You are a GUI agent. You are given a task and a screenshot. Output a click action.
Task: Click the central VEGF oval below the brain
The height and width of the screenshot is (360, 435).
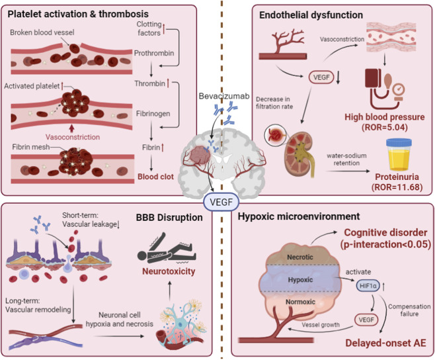click(221, 202)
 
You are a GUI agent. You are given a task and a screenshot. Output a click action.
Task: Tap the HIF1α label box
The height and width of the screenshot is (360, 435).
click(368, 286)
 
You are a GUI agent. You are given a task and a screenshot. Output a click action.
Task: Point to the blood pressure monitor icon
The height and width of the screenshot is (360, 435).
click(385, 89)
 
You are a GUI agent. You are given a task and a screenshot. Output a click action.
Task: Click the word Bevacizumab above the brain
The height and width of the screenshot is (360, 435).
click(224, 96)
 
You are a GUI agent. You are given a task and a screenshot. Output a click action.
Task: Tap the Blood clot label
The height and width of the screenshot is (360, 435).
click(155, 177)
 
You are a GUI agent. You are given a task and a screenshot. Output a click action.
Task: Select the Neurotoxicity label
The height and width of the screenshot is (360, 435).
click(169, 271)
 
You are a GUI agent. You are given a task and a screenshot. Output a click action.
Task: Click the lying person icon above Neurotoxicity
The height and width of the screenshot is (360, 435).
click(167, 248)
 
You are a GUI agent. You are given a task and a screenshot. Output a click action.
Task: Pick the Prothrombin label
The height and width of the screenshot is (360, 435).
click(154, 53)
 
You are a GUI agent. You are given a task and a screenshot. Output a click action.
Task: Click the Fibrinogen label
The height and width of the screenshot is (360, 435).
click(153, 114)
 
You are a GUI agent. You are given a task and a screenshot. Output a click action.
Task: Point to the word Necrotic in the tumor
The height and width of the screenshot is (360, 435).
click(300, 257)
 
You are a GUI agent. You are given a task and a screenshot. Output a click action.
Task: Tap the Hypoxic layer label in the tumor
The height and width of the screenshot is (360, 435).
click(300, 280)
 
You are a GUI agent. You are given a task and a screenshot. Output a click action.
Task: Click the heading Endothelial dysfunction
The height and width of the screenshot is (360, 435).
click(311, 15)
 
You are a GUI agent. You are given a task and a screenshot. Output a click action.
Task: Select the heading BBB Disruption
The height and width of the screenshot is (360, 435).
click(169, 217)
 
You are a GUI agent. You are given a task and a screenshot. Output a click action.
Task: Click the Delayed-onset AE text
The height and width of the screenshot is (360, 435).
click(385, 343)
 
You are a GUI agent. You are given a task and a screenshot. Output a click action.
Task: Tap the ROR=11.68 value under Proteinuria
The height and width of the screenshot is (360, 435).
click(397, 187)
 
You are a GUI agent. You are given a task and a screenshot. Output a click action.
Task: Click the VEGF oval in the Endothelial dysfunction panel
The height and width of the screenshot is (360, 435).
click(321, 77)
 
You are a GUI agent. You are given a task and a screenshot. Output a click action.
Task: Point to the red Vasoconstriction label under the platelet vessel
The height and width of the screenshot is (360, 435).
click(73, 137)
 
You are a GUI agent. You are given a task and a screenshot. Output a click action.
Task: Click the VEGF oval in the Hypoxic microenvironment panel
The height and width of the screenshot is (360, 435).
click(366, 320)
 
